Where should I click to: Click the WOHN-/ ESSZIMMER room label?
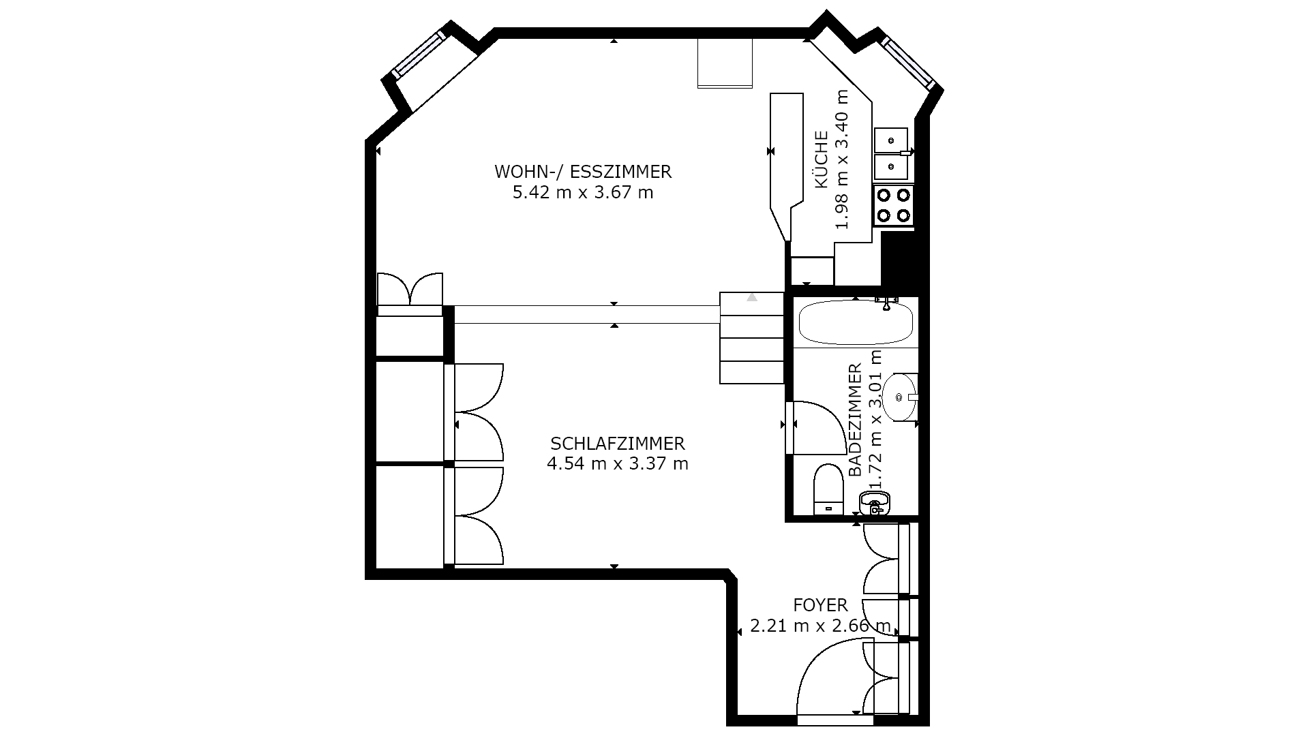[x=583, y=172]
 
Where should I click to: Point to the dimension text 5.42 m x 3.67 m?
[x=583, y=193]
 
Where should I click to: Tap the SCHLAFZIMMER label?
[x=618, y=444]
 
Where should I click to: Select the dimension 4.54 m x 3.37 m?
[x=618, y=464]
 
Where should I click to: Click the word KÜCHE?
[x=822, y=160]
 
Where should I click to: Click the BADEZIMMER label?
[x=855, y=420]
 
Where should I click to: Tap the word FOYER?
[x=821, y=605]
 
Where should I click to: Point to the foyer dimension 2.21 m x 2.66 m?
[x=821, y=626]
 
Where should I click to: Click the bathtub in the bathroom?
[x=856, y=323]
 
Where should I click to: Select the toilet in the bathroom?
[x=829, y=489]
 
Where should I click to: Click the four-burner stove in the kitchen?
[x=894, y=206]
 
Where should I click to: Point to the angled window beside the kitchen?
[x=907, y=62]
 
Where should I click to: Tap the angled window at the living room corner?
[x=420, y=53]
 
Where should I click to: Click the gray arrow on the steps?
[x=752, y=297]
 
